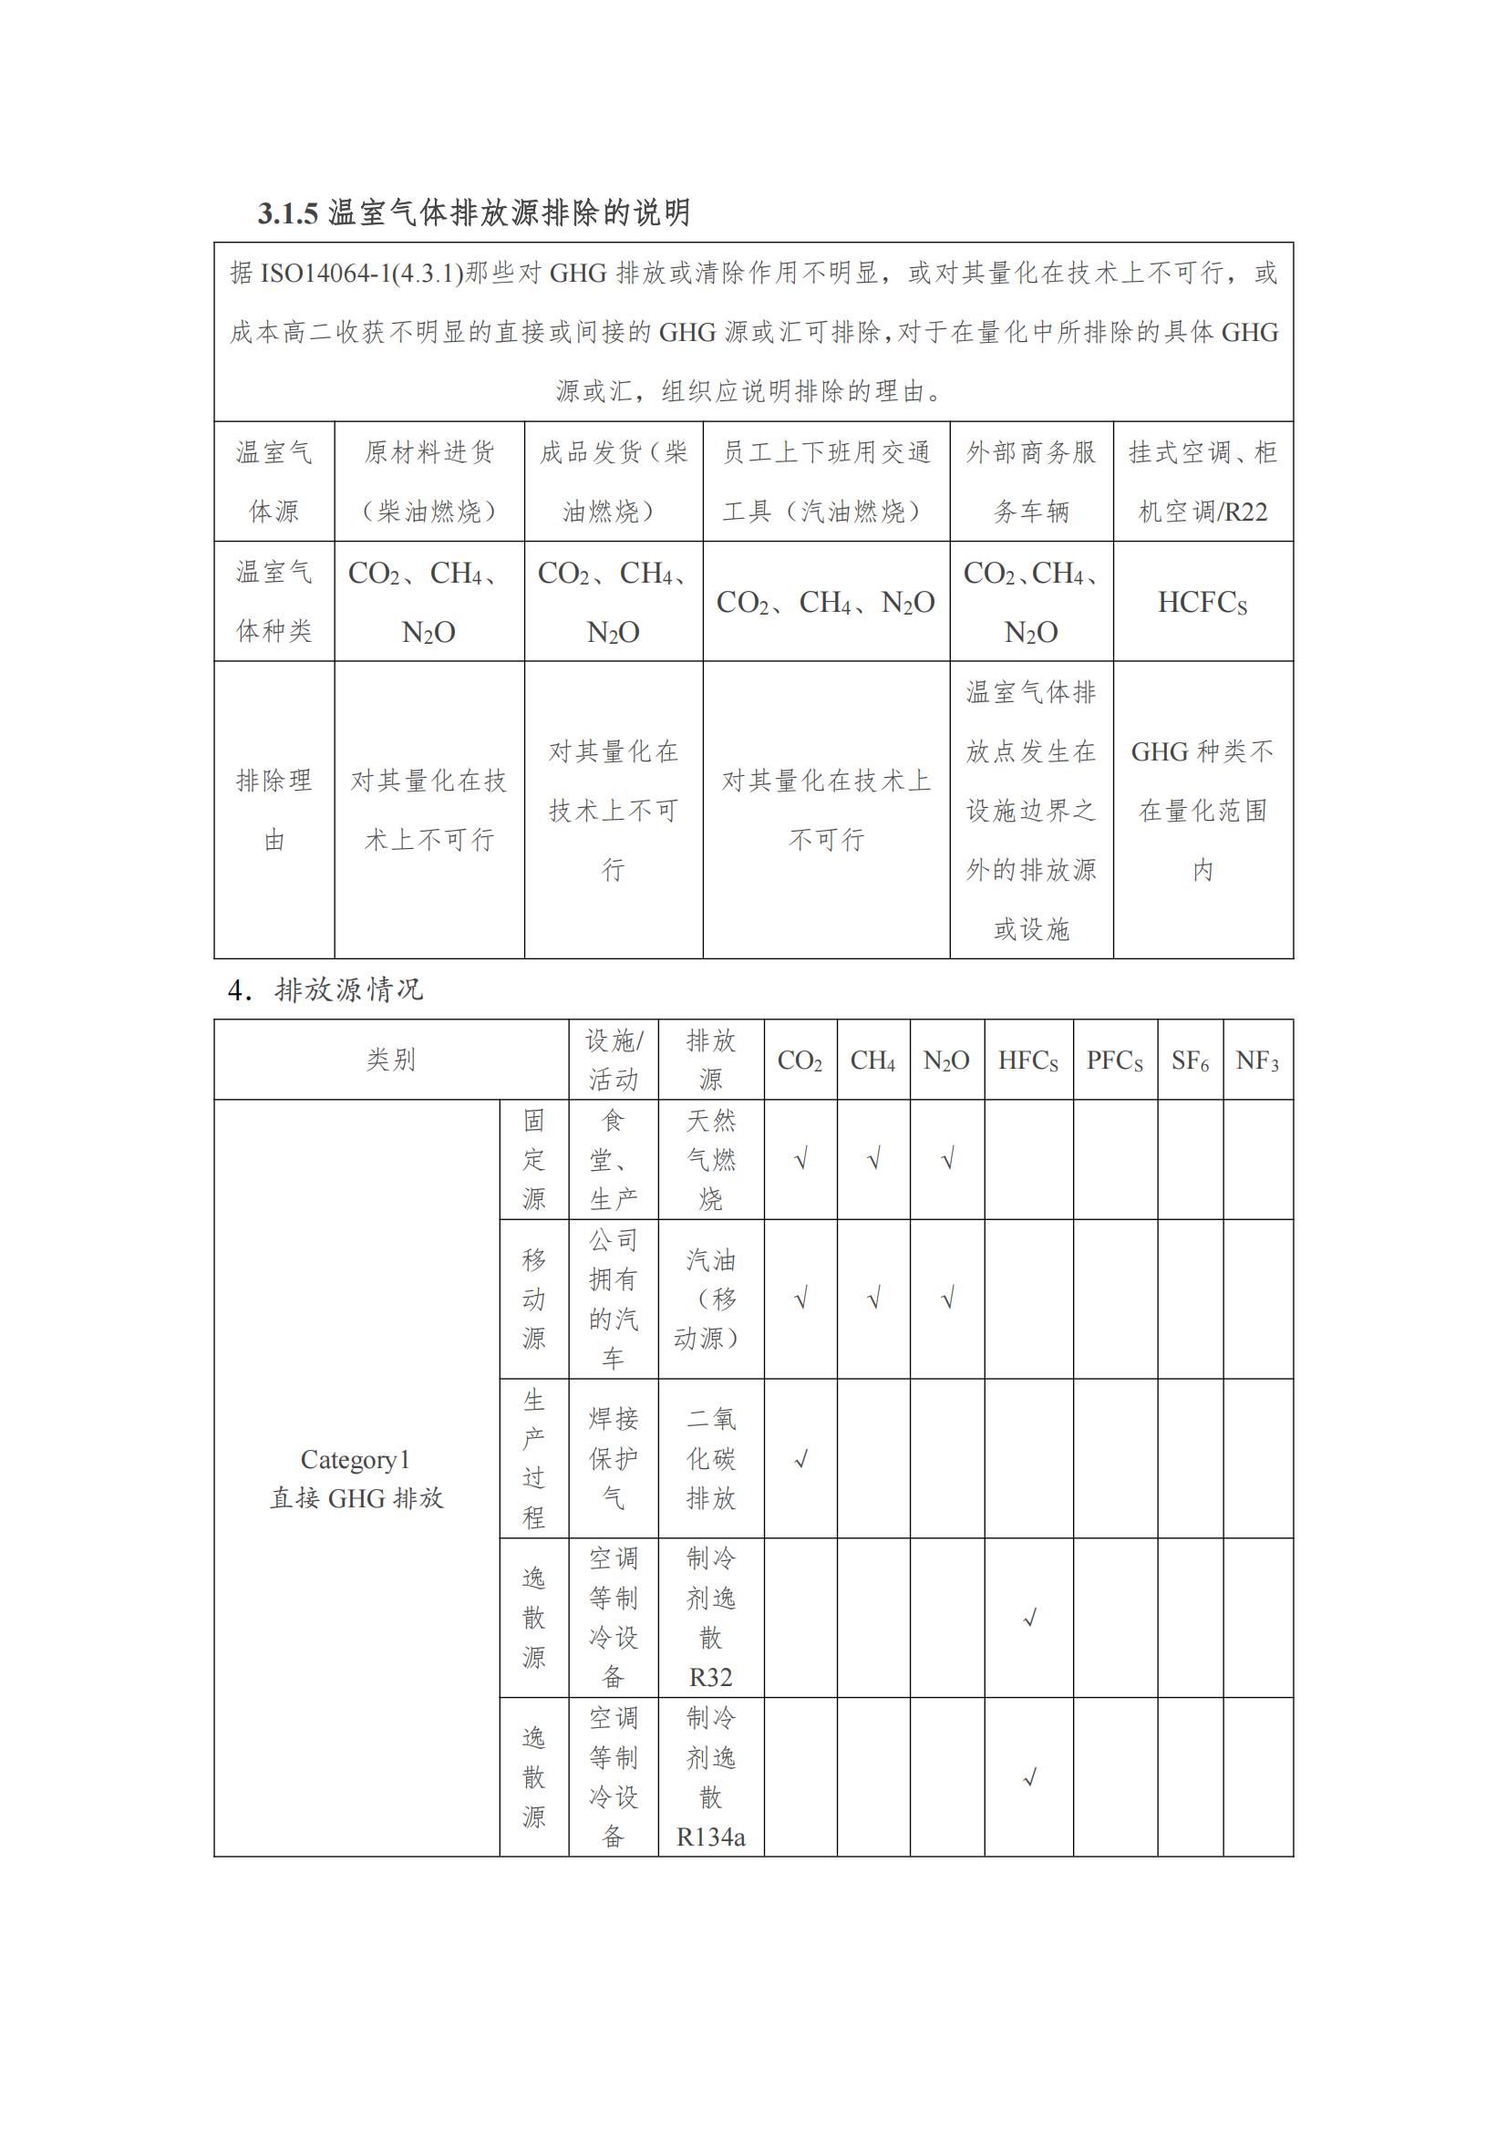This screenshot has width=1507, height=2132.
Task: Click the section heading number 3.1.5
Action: (x=288, y=213)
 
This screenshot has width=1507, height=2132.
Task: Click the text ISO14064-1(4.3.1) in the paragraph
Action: (x=361, y=273)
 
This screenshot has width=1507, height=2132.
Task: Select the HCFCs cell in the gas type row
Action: (x=1203, y=603)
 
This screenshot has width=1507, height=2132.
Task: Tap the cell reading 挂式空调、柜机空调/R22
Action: (x=1203, y=481)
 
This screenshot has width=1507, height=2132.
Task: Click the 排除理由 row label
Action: (x=274, y=810)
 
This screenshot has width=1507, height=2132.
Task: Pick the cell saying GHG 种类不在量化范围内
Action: (x=1203, y=810)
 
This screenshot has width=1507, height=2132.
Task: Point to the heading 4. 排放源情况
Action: (x=325, y=990)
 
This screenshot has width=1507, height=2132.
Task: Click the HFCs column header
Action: (x=1027, y=1061)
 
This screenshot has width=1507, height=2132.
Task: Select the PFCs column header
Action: (x=1114, y=1061)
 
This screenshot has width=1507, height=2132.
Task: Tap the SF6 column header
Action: (x=1190, y=1061)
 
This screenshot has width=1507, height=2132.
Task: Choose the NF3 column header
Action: (x=1257, y=1061)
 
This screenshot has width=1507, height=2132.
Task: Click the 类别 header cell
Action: (x=391, y=1060)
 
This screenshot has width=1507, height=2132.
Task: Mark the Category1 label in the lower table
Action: (x=356, y=1460)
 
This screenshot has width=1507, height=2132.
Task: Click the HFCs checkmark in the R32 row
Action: (x=1028, y=1619)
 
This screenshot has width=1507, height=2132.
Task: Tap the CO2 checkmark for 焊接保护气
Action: (x=800, y=1460)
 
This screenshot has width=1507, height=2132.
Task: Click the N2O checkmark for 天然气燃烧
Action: (x=947, y=1160)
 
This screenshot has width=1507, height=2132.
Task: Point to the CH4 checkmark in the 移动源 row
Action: (x=872, y=1299)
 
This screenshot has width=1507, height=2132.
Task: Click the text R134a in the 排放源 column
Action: (x=710, y=1837)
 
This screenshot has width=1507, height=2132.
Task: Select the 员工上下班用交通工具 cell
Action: (x=826, y=481)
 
